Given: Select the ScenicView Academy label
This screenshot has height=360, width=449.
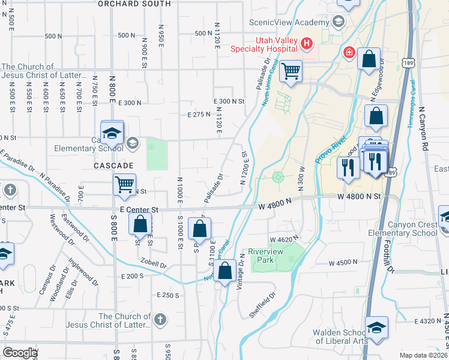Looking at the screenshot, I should tap(290, 22).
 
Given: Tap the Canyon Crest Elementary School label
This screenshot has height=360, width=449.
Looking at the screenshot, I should tap(412, 229).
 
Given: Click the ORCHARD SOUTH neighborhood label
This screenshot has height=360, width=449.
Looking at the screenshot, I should tap(134, 4).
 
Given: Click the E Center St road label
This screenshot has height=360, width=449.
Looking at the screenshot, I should tap(139, 209).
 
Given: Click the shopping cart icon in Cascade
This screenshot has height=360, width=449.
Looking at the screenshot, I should tap(124, 185).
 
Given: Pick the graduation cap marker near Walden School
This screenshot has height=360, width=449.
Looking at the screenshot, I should tap(376, 328).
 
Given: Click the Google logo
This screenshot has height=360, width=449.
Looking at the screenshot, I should tap(20, 353).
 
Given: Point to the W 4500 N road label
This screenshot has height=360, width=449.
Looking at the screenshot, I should tap(343, 263).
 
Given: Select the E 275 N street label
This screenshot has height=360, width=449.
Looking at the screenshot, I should tap(199, 114).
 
